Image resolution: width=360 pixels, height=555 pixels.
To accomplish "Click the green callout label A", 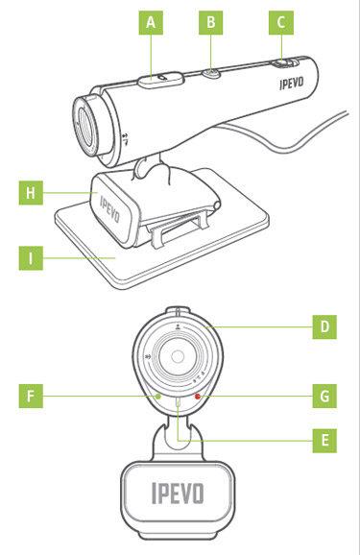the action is pyautogui.click(x=151, y=23).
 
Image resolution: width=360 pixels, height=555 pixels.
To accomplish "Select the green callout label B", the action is pyautogui.click(x=210, y=23).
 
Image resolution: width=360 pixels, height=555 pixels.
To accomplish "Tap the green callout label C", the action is pyautogui.click(x=281, y=23).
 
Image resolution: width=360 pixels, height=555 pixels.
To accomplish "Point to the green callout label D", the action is pyautogui.click(x=324, y=327).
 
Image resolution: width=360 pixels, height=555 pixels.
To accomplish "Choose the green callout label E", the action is pyautogui.click(x=324, y=441).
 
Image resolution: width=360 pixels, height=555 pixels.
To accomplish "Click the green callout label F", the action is pyautogui.click(x=31, y=396).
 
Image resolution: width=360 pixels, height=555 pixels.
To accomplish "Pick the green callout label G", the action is pyautogui.click(x=324, y=396).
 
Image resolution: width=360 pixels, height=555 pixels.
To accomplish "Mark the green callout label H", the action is pyautogui.click(x=31, y=193).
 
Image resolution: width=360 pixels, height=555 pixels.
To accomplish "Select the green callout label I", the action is pyautogui.click(x=31, y=258).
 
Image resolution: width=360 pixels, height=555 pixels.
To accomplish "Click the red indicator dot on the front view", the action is pyautogui.click(x=198, y=396).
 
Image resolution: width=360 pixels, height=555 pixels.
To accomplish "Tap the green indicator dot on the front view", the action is pyautogui.click(x=158, y=397).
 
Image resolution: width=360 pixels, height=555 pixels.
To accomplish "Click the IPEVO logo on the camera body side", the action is pyautogui.click(x=291, y=84).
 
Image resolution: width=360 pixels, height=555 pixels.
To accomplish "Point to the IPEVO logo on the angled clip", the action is pyautogui.click(x=109, y=209).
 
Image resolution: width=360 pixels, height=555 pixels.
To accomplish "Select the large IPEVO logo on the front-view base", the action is pyautogui.click(x=178, y=493).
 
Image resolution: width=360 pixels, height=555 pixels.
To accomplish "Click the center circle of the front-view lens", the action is pyautogui.click(x=177, y=356).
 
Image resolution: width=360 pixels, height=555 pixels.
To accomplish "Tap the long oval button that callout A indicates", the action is pyautogui.click(x=161, y=80).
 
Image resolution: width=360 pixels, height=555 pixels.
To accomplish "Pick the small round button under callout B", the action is pyautogui.click(x=211, y=74).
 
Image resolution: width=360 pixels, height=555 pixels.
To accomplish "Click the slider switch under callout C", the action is pyautogui.click(x=285, y=63).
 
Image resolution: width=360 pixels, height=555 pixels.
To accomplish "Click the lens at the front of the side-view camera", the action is pyautogui.click(x=85, y=125).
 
